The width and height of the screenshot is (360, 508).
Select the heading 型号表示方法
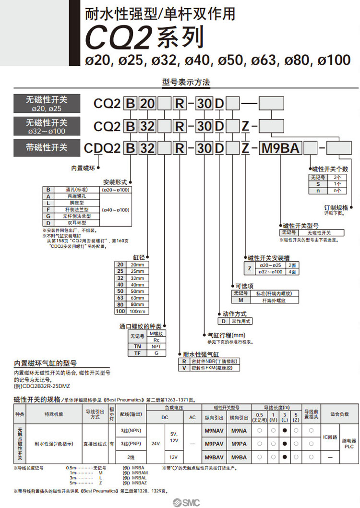point(187,82)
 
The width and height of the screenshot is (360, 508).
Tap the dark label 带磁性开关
point(47,147)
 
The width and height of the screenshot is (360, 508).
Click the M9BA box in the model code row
point(280,148)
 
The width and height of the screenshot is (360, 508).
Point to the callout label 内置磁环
point(84,168)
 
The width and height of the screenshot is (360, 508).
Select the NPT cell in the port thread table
point(156,346)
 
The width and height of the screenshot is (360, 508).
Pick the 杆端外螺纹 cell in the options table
point(274,300)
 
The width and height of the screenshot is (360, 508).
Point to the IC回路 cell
point(331,437)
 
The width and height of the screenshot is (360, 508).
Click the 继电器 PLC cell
point(348,443)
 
